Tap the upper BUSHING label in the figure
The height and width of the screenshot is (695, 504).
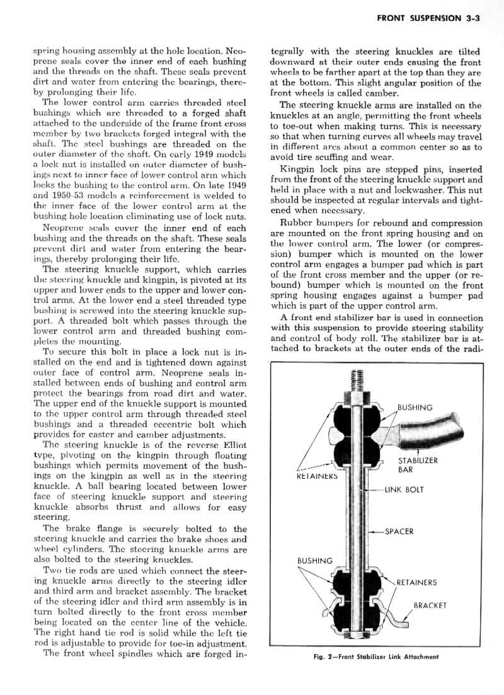click(x=415, y=407)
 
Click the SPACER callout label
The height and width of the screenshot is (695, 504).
click(x=399, y=531)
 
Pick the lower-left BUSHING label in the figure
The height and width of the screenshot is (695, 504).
click(x=314, y=560)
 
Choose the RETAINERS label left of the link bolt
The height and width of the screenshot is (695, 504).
click(x=317, y=476)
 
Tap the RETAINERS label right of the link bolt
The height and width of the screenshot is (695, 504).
click(x=416, y=582)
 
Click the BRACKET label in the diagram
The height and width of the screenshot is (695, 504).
click(x=430, y=606)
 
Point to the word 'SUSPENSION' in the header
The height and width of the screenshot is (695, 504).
click(x=437, y=18)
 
